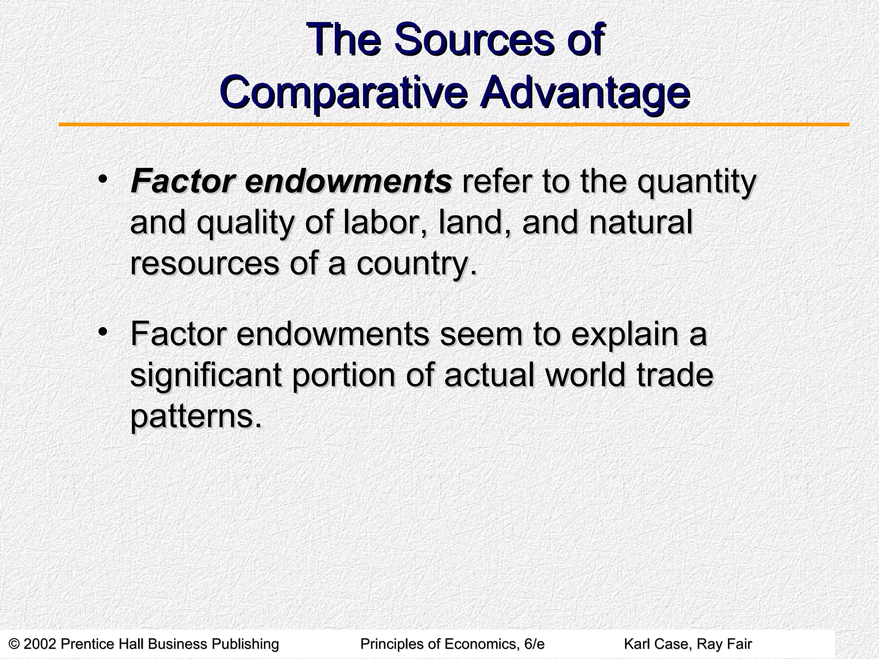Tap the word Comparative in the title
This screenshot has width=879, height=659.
(344, 91)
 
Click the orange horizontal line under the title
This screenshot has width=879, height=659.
(454, 125)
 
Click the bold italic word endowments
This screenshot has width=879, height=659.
(348, 182)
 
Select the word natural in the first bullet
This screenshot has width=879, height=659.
(640, 223)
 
